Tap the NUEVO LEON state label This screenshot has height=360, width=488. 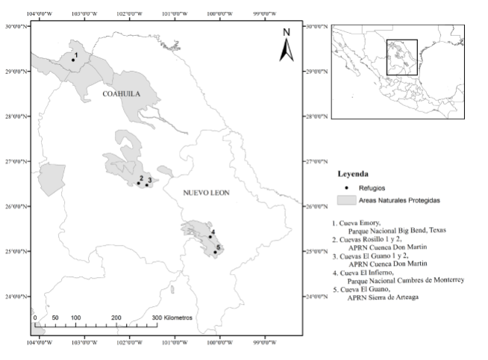click(x=207, y=193)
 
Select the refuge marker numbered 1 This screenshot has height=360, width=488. click(x=73, y=60)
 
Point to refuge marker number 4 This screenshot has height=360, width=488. click(x=210, y=238)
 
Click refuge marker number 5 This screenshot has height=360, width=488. click(x=215, y=252)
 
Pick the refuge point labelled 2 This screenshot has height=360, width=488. click(x=139, y=183)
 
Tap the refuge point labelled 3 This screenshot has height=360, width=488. click(x=147, y=184)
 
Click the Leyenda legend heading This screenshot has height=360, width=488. click(x=353, y=173)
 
